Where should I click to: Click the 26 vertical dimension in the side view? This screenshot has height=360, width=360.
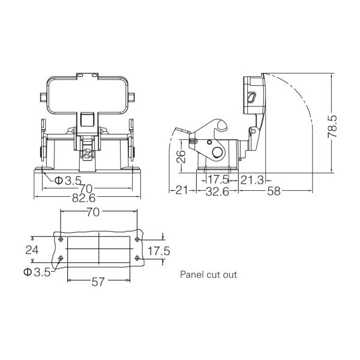click(x=180, y=157)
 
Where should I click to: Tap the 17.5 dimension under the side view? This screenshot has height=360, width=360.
click(x=218, y=179)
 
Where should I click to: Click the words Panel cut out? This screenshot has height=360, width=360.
click(x=209, y=275)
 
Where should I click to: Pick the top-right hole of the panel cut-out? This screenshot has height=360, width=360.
click(x=137, y=239)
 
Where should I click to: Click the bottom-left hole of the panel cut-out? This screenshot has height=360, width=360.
click(x=60, y=259)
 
